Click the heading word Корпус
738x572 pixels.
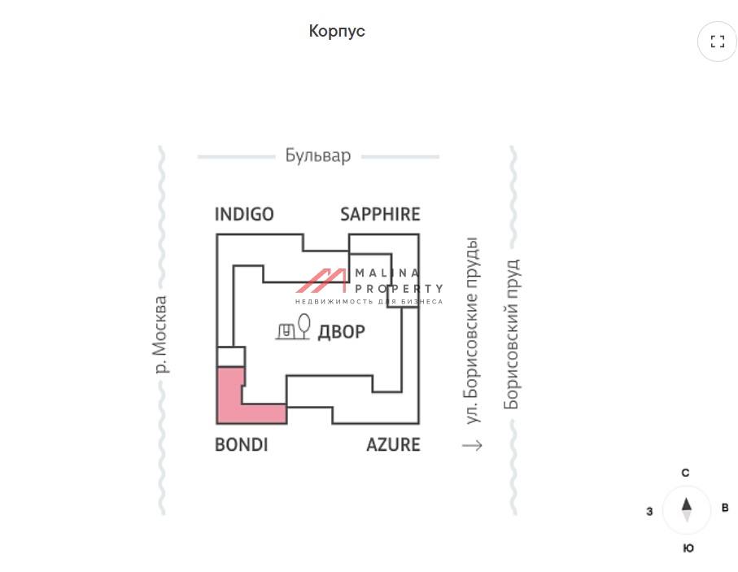click(337, 31)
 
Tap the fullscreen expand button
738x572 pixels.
click(717, 41)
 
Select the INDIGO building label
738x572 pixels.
click(244, 214)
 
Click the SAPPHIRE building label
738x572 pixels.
click(380, 214)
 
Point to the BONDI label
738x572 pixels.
click(241, 445)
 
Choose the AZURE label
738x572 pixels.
click(393, 445)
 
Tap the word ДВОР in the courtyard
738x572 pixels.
click(341, 332)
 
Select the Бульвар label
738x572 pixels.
click(318, 155)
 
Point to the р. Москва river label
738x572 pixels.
click(161, 334)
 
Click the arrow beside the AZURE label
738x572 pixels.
click(472, 445)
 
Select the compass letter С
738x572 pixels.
click(686, 473)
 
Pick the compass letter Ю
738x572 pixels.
click(688, 548)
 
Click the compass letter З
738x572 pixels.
click(649, 511)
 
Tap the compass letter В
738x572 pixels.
click(725, 509)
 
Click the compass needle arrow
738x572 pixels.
click(687, 509)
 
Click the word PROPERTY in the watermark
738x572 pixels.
click(399, 288)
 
